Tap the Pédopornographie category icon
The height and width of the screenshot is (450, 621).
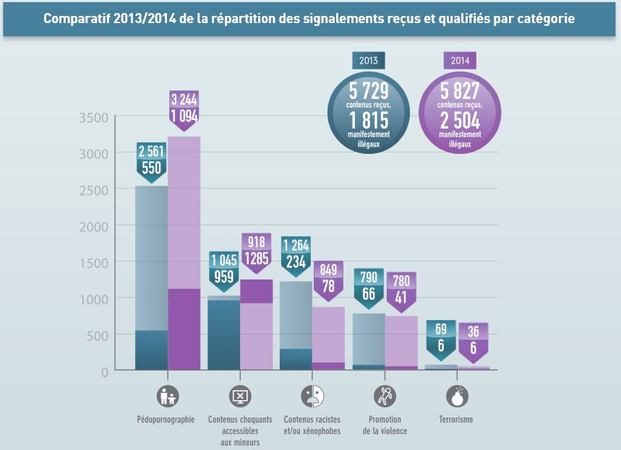click(168, 396)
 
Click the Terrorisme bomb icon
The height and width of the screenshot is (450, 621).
click(458, 396)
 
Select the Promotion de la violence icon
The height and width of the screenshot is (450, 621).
click(385, 396)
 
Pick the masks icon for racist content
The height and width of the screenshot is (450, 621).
click(312, 396)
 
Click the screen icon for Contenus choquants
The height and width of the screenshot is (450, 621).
click(240, 396)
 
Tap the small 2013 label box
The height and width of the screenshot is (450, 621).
click(368, 61)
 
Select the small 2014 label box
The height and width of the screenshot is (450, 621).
click(459, 61)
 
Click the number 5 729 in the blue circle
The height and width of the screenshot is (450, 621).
click(368, 90)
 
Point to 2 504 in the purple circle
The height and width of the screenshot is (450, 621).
click(459, 121)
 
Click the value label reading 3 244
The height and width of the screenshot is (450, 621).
click(184, 99)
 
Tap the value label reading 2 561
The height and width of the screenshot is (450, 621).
click(151, 151)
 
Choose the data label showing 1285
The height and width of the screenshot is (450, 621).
click(257, 258)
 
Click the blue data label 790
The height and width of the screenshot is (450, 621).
click(368, 277)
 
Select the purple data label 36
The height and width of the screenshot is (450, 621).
click(474, 332)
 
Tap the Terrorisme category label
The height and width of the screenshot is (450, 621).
click(456, 420)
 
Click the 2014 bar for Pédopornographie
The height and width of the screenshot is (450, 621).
click(184, 253)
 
